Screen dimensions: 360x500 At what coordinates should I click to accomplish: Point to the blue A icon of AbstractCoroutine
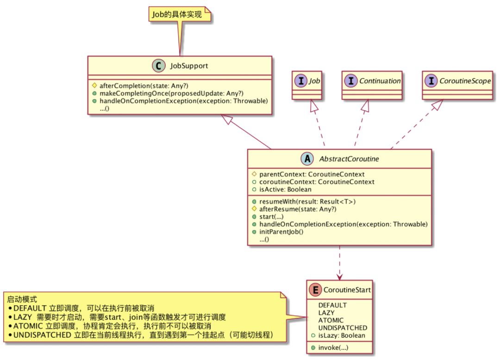[x=307, y=159]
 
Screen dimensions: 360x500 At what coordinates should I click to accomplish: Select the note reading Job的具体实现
[x=176, y=15]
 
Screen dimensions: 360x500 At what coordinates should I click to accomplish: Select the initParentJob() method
[x=281, y=232]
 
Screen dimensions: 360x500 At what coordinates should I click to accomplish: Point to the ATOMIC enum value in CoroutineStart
[x=331, y=320]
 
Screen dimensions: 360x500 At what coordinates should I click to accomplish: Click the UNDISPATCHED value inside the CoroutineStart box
[x=343, y=328]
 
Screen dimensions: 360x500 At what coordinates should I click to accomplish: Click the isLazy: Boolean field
[x=341, y=335]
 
